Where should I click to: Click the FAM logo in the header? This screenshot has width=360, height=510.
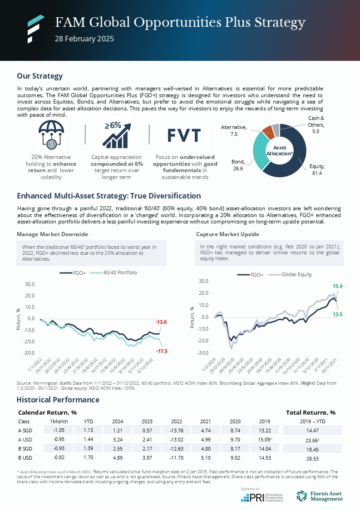click(x=35, y=29)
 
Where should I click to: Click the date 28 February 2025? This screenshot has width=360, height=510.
click(x=84, y=39)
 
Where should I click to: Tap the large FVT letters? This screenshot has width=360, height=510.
click(x=184, y=135)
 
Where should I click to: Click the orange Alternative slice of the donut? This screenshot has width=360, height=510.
click(x=268, y=132)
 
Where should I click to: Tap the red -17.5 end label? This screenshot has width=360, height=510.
click(x=161, y=351)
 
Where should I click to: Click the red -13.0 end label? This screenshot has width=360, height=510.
click(x=161, y=322)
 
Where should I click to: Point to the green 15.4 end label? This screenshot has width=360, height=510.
click(x=337, y=287)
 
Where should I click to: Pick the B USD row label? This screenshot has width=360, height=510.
click(x=25, y=459)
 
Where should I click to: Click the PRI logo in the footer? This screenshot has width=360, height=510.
click(x=261, y=497)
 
